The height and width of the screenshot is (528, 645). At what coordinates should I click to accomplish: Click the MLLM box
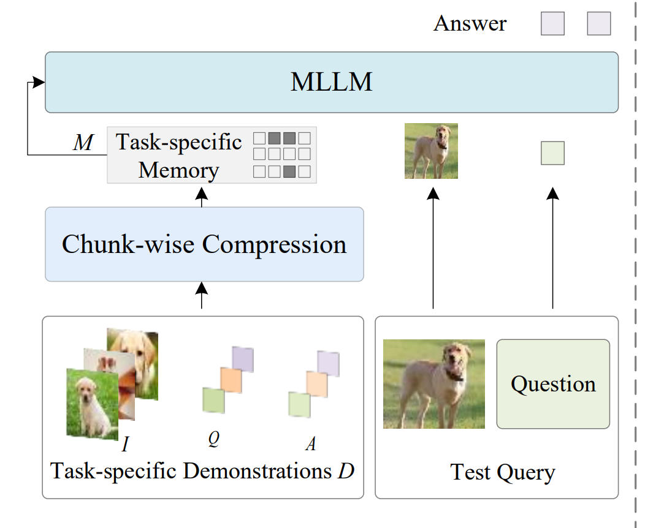coord(331,82)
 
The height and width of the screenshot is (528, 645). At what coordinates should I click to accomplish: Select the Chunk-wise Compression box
coord(204,244)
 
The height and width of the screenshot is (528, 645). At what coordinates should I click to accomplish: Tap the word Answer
coord(470,24)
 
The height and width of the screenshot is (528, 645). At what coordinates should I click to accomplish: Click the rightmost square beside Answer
coord(598,24)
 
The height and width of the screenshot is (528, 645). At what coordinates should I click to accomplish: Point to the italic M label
coord(83,143)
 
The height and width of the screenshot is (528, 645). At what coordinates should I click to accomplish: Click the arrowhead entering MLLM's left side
coord(40,82)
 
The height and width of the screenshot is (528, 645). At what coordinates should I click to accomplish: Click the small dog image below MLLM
coord(431,151)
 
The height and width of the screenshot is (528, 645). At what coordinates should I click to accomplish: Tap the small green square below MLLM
coord(552,153)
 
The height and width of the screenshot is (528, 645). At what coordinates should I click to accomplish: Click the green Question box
coord(553,384)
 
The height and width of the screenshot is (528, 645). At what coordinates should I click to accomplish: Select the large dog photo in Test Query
coord(433,384)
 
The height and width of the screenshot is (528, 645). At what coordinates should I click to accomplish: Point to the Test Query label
coord(502,472)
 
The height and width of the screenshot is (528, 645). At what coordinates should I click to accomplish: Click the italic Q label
coord(213,439)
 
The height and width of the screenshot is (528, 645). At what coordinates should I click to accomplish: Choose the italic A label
coord(311,443)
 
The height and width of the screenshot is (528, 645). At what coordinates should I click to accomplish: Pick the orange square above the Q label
coord(231,380)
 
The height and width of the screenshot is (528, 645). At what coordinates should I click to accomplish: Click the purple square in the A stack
coord(328,363)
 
